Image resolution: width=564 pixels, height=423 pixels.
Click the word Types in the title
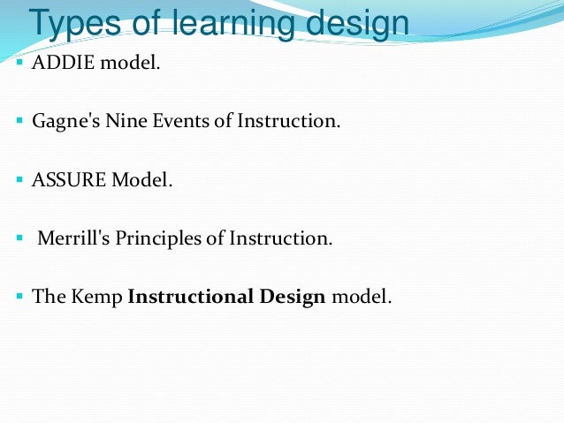[74, 23]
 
